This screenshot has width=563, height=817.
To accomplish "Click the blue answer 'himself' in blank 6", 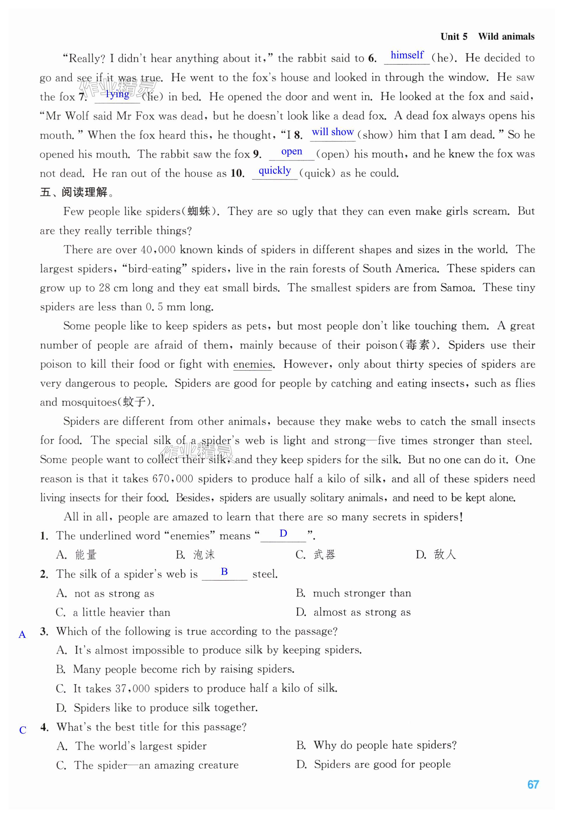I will click(407, 55).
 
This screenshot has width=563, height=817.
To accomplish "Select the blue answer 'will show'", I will click(332, 132).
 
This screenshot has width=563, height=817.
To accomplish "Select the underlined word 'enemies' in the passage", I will click(253, 364).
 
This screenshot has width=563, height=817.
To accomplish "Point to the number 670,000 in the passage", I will click(173, 479).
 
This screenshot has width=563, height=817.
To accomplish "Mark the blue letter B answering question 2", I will click(224, 572).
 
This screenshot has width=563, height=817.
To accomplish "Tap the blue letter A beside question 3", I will click(22, 634).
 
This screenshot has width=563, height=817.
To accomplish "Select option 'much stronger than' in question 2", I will click(362, 593).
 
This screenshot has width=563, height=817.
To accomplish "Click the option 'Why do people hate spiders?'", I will click(385, 745).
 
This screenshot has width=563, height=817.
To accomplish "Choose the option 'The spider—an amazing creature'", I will click(156, 765).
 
